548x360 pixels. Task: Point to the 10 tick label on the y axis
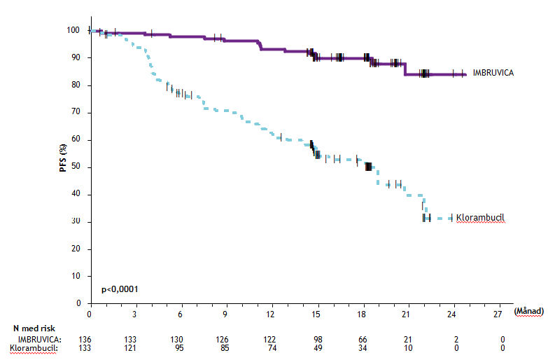(x=77, y=276)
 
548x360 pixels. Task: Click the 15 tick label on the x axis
(x=316, y=315)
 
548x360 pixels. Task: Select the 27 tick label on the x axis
(x=498, y=315)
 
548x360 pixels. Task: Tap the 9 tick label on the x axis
(x=225, y=315)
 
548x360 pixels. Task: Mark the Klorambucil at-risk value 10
(x=407, y=347)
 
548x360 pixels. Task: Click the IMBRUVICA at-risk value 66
(x=362, y=339)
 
